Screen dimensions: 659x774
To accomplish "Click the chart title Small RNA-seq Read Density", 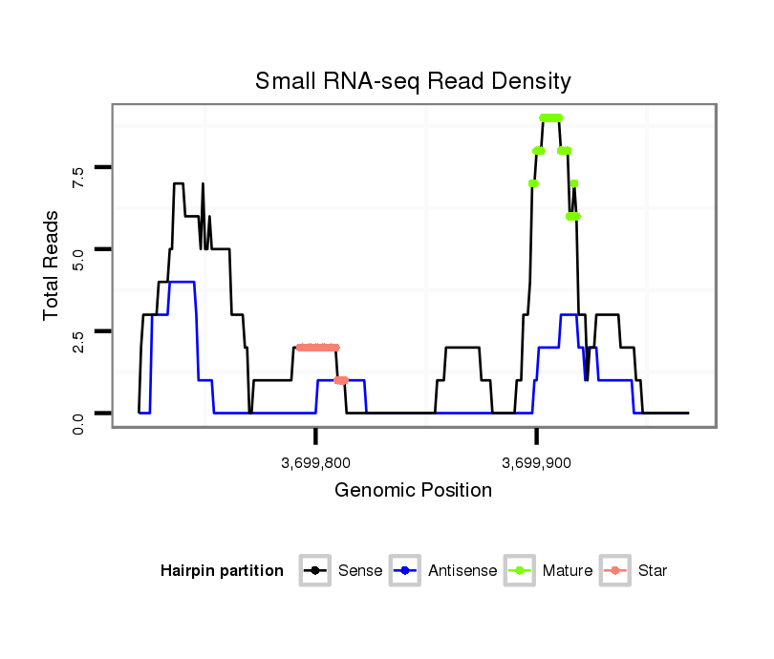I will pyautogui.click(x=413, y=81).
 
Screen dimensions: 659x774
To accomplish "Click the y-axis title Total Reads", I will pyautogui.click(x=53, y=265).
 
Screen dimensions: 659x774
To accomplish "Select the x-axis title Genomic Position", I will pyautogui.click(x=413, y=491).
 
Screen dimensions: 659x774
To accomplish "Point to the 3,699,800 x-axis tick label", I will pyautogui.click(x=315, y=464).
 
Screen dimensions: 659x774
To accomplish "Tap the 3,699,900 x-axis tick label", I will pyautogui.click(x=536, y=464).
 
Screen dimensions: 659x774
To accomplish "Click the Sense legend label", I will pyautogui.click(x=360, y=571).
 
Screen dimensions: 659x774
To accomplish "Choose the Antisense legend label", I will pyautogui.click(x=462, y=571).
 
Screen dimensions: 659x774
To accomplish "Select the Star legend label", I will pyautogui.click(x=653, y=571).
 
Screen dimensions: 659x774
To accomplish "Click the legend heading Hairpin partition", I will pyautogui.click(x=223, y=571).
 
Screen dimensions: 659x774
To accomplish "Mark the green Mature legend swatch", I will pyautogui.click(x=522, y=571).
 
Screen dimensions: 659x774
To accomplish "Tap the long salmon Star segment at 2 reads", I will pyautogui.click(x=317, y=348).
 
